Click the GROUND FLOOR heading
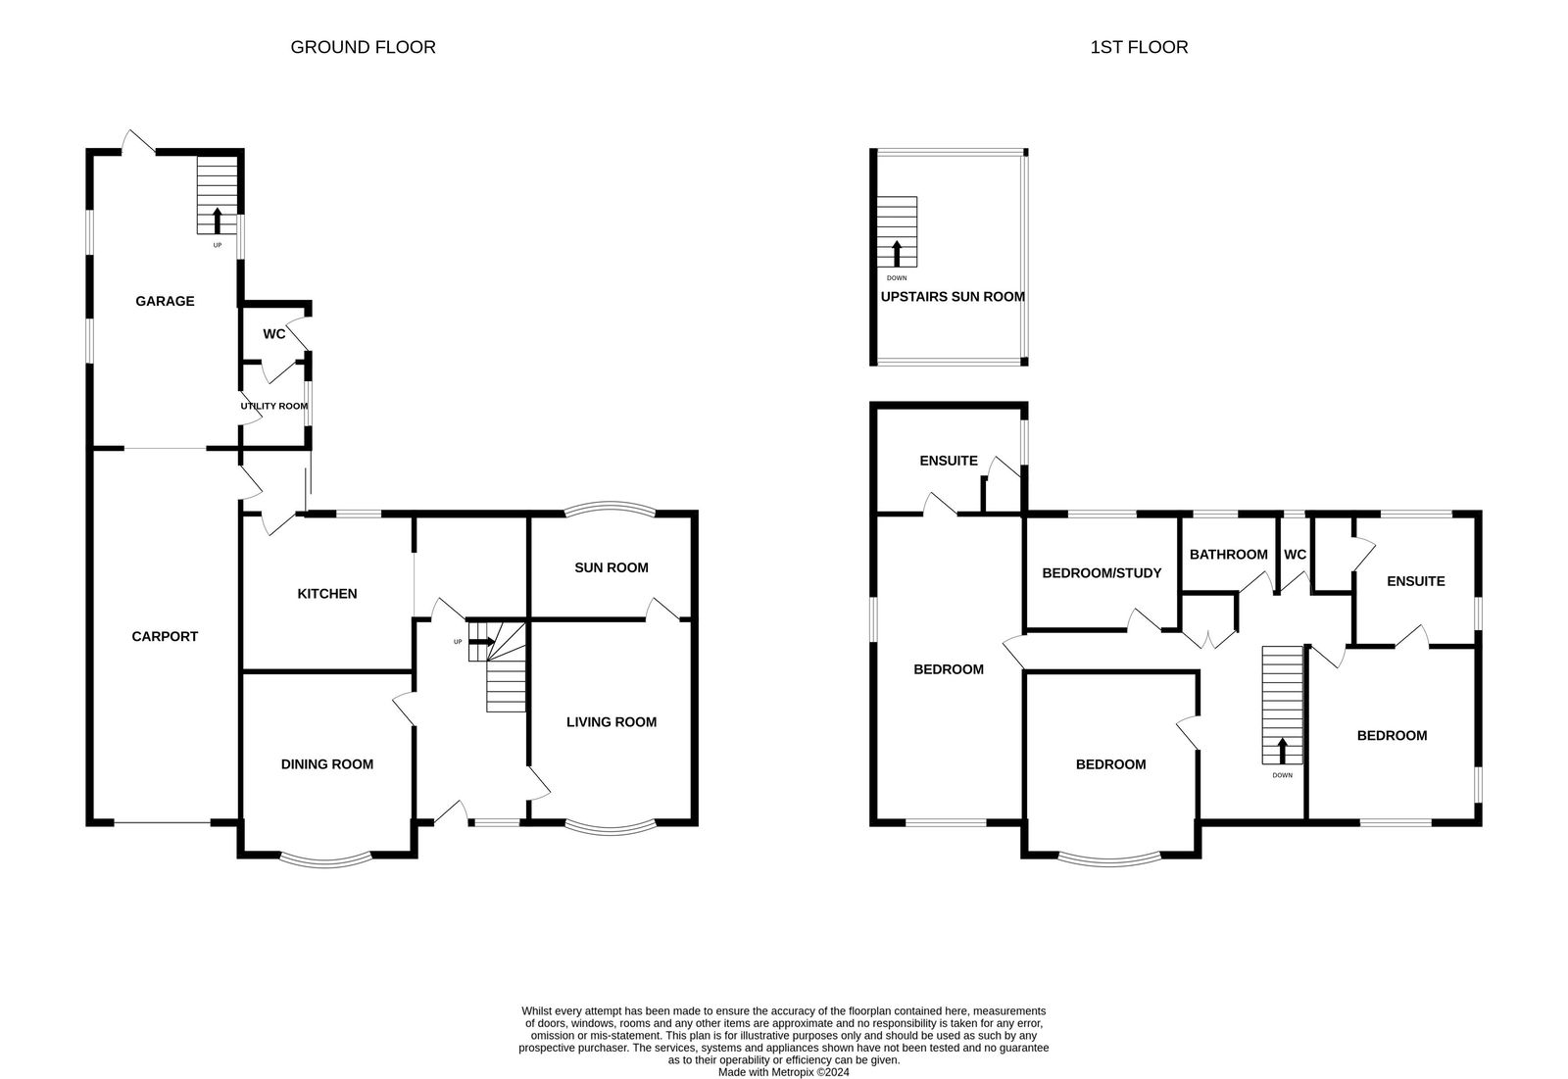click(363, 47)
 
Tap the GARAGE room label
click(165, 301)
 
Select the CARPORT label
click(165, 636)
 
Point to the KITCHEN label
click(327, 594)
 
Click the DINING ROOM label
click(327, 764)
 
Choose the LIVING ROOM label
click(612, 722)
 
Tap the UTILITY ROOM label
click(273, 406)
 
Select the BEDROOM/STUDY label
click(1102, 573)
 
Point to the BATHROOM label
click(1228, 555)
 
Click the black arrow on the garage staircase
click(217, 221)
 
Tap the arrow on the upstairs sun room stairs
click(897, 254)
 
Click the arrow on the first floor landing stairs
click(1283, 751)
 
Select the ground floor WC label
click(273, 335)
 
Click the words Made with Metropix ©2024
click(783, 1072)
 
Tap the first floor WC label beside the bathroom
click(1295, 555)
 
